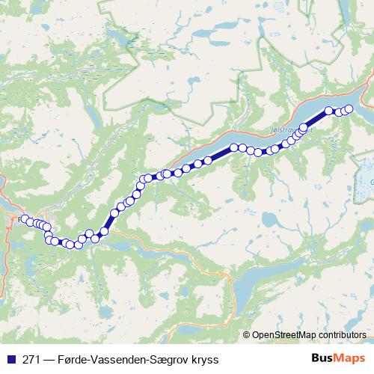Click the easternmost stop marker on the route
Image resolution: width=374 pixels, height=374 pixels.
coord(349,109)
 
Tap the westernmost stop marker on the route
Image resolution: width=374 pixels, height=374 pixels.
coord(24,219)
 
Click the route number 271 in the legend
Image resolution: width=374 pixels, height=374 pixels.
coord(32,358)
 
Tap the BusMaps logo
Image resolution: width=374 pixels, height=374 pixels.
coord(338,358)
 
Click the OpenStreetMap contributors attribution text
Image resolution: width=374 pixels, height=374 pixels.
coord(308,334)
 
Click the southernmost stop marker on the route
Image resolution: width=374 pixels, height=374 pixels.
coord(78,245)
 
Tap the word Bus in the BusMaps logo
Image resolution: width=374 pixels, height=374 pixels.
coord(322,358)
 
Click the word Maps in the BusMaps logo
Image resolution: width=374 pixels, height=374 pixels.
coord(350,358)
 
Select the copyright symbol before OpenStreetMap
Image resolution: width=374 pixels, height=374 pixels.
coord(247,334)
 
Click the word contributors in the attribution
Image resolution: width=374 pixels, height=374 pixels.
coord(340,334)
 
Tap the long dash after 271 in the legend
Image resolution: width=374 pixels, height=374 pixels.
coord(49,358)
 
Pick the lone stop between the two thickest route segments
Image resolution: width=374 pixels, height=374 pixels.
coord(234,147)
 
